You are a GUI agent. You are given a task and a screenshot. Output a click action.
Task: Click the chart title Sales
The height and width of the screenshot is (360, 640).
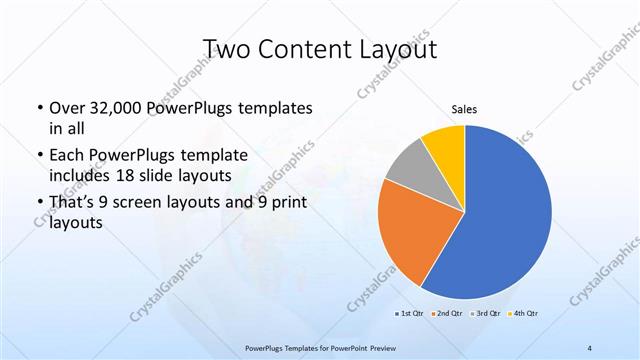pos(464,109)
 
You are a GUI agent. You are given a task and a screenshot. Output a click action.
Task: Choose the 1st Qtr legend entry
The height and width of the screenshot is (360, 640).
pos(410,313)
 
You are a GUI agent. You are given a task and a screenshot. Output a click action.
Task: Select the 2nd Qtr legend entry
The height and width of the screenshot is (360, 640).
pos(446,313)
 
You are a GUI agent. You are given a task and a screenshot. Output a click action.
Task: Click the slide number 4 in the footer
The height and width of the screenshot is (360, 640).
pos(590,347)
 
